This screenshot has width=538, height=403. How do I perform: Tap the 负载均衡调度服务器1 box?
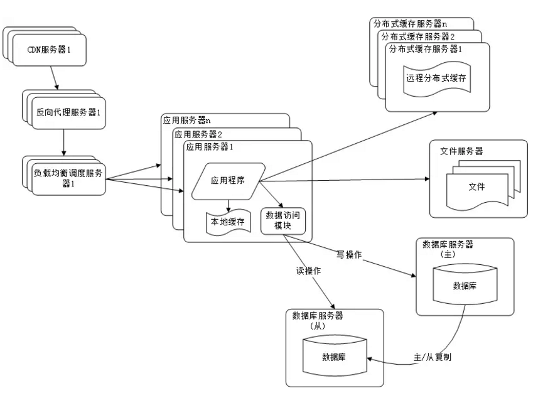click(x=64, y=178)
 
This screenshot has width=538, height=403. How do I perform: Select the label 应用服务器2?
click(x=200, y=134)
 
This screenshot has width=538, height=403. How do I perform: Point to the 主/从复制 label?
click(x=431, y=356)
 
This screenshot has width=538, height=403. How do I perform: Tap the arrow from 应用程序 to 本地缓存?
click(x=229, y=205)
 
